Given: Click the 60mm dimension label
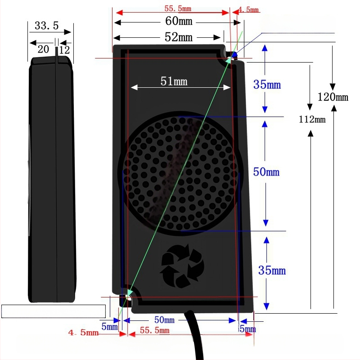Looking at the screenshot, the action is (x=179, y=21).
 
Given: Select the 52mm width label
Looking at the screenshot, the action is (x=178, y=37).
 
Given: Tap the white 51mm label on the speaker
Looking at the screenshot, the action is (x=174, y=81).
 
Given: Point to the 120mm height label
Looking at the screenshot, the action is (x=333, y=97).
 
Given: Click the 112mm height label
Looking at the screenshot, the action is (x=312, y=119).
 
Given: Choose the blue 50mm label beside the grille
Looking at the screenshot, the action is (x=266, y=172).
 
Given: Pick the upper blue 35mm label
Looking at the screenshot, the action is (x=267, y=85).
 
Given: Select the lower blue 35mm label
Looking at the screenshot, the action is (x=272, y=270).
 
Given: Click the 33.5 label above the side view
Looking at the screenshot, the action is (x=47, y=26).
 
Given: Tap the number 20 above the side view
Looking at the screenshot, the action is (x=43, y=49).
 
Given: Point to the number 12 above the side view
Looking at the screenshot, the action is (x=64, y=50).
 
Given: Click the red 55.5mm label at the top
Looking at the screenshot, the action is (x=178, y=9).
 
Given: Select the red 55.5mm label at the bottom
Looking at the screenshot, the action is (x=154, y=330).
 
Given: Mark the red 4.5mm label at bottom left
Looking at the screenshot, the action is (x=83, y=333).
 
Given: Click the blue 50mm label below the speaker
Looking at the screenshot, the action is (x=164, y=319).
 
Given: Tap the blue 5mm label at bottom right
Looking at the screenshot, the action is (x=247, y=329).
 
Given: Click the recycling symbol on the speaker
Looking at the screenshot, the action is (x=182, y=266).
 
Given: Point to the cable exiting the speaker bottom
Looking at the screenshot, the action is (x=195, y=335).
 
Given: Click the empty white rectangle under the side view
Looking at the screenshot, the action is (x=54, y=311).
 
